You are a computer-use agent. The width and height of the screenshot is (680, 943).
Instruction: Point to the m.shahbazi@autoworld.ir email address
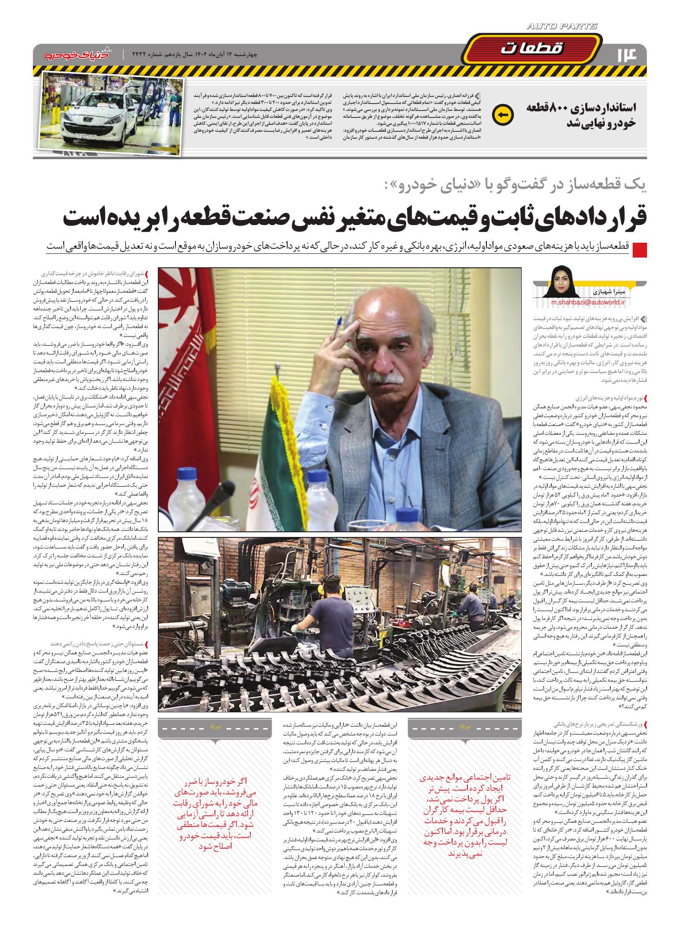click(588, 301)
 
